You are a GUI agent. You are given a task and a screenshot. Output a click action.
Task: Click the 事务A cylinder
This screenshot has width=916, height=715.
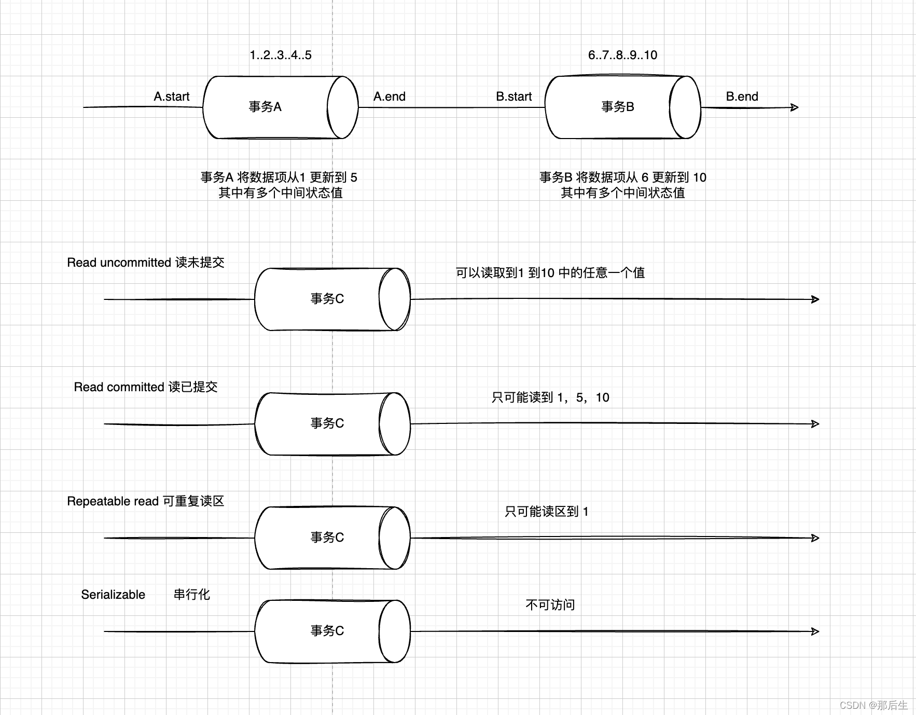(x=280, y=107)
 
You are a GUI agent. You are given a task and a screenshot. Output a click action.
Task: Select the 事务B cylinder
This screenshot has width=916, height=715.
(x=622, y=107)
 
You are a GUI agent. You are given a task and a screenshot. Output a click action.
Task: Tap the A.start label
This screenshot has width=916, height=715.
(x=172, y=97)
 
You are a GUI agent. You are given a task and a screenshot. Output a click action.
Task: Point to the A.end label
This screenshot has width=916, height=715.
(x=390, y=97)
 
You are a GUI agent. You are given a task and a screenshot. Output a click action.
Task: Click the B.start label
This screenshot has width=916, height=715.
(x=514, y=97)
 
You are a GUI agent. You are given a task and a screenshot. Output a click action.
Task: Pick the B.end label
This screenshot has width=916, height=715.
(x=742, y=97)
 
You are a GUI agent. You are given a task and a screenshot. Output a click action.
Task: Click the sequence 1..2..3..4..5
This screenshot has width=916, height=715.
(x=281, y=55)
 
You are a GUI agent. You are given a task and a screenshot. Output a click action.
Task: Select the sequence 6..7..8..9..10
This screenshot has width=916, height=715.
(x=622, y=55)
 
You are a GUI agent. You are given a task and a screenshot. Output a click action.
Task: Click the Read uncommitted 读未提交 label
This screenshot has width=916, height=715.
(x=146, y=263)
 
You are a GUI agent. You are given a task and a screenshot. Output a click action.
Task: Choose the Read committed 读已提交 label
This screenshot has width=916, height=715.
(x=146, y=387)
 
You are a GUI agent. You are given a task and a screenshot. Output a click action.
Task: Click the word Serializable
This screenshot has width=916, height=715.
(x=113, y=595)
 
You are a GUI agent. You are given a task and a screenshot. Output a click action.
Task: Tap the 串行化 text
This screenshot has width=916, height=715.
(x=192, y=595)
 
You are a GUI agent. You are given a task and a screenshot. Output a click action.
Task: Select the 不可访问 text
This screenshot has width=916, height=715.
(x=550, y=605)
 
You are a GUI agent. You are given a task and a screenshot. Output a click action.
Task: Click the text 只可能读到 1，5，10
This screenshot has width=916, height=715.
(x=550, y=397)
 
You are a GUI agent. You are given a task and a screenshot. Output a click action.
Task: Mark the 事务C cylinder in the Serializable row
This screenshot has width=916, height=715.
(x=332, y=631)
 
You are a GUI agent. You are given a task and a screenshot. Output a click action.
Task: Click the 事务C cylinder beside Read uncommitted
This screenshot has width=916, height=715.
(x=332, y=299)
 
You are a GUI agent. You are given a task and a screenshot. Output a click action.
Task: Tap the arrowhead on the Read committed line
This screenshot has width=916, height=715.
(x=815, y=424)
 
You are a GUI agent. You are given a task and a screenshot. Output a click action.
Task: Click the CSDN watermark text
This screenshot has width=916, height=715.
(x=873, y=705)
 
